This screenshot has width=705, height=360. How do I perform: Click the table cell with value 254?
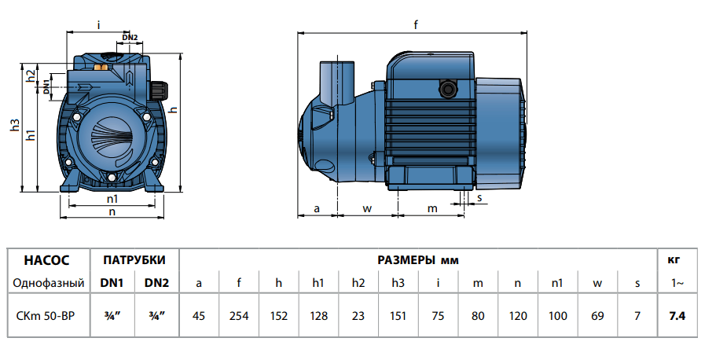coord(239,316)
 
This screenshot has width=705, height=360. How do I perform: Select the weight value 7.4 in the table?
coord(677,316)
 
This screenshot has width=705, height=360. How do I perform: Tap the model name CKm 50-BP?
coord(46,316)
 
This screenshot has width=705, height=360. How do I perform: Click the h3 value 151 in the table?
coord(398,316)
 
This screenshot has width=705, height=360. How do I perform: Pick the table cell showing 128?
coord(318,316)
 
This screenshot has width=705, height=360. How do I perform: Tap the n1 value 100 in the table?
coord(556,316)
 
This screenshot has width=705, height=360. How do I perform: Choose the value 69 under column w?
coord(597,316)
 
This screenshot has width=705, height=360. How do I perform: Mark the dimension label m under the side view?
coord(431,208)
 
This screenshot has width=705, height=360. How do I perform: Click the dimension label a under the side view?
coord(317,208)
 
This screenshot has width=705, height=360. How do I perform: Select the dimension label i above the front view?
coord(98,25)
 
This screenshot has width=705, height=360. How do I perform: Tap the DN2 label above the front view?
coord(130,38)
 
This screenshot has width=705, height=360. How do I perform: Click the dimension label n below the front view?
coord(112,211)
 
